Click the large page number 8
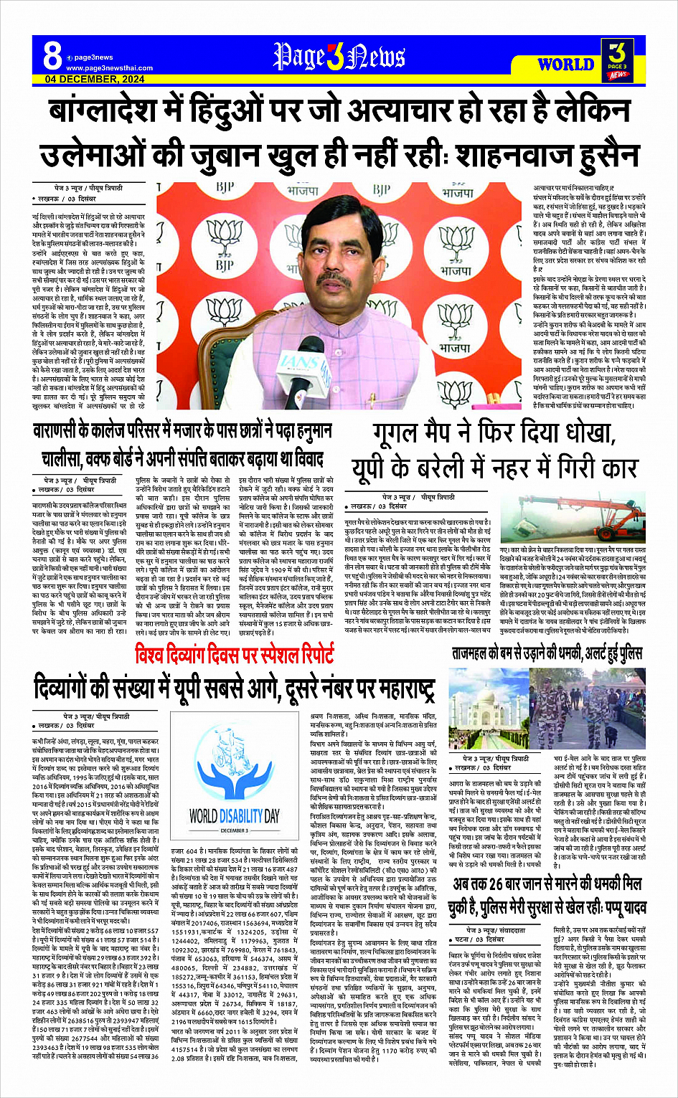pyautogui.click(x=52, y=55)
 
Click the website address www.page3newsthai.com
pyautogui.click(x=109, y=68)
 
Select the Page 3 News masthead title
pyautogui.click(x=339, y=57)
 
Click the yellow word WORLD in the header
pyautogui.click(x=565, y=65)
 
